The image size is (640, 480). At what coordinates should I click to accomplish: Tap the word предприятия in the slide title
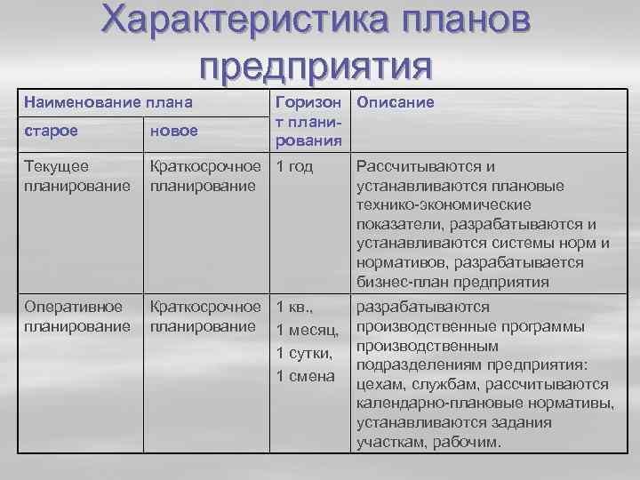pyautogui.click(x=316, y=67)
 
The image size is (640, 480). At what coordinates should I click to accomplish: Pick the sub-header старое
pyautogui.click(x=51, y=131)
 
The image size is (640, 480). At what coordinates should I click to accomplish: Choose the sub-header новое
pyautogui.click(x=175, y=131)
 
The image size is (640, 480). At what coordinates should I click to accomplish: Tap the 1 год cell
pyautogui.click(x=295, y=166)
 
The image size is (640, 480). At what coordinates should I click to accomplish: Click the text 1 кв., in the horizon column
pyautogui.click(x=295, y=308)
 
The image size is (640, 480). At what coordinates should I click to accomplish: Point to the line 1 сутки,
pyautogui.click(x=305, y=353)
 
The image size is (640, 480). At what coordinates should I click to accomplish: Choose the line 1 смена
pyautogui.click(x=305, y=376)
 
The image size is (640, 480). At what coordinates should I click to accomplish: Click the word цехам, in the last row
pyautogui.click(x=383, y=384)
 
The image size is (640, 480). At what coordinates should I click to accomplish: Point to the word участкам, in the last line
pyautogui.click(x=391, y=442)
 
